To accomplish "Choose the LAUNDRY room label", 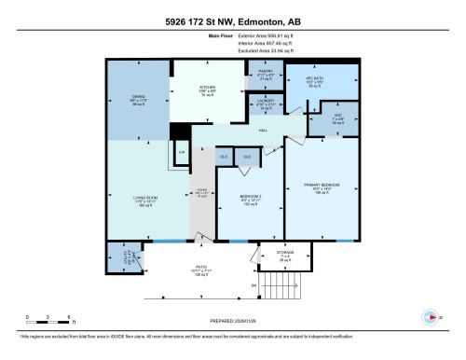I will point(265,101).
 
